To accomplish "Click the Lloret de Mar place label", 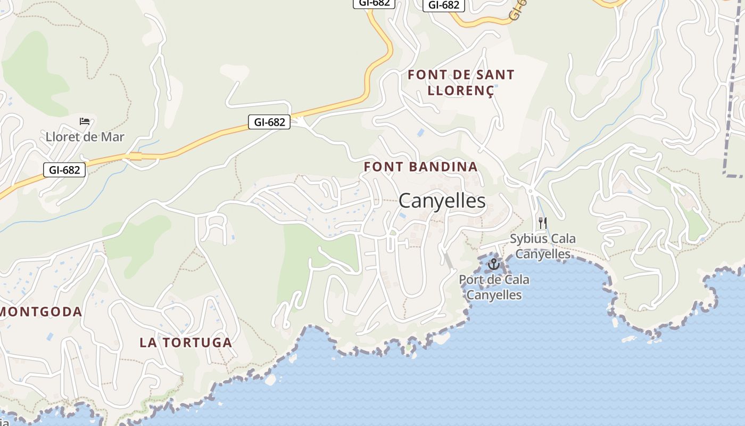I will [x=85, y=137].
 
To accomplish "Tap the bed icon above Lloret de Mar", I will [x=85, y=121].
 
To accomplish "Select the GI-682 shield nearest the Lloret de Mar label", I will [x=64, y=170].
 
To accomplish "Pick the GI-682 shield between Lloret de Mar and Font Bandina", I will [x=269, y=122].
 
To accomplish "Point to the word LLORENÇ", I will [x=461, y=91].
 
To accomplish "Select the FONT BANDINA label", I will [x=420, y=167].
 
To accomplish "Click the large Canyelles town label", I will [x=442, y=201].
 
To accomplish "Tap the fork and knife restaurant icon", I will [x=543, y=223].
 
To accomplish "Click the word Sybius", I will [x=528, y=239].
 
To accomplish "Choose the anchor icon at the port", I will [x=494, y=264].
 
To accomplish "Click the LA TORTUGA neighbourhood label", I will [x=186, y=342].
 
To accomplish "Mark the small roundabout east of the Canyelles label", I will [x=530, y=190].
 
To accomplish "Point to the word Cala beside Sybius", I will [x=563, y=239].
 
